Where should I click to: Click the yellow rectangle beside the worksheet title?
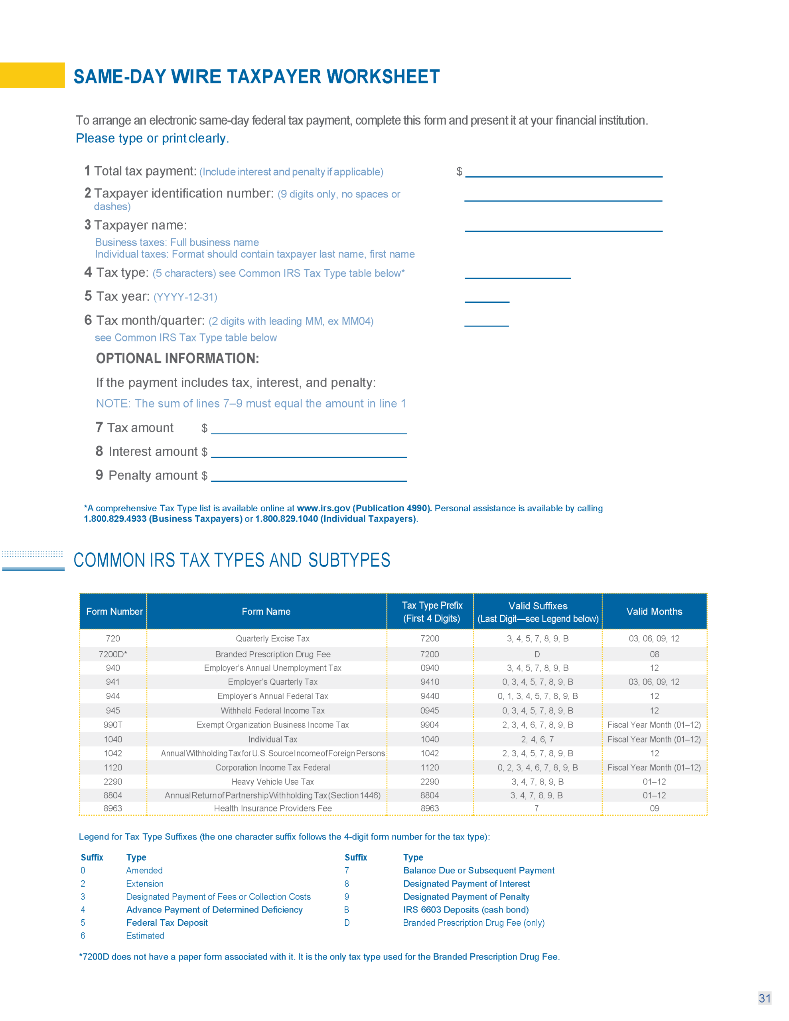pyautogui.click(x=32, y=75)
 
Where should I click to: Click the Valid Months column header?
pyautogui.click(x=654, y=611)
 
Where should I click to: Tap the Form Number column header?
pyautogui.click(x=114, y=611)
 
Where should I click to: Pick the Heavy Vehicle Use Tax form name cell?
pyautogui.click(x=273, y=782)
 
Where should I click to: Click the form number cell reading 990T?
pyautogui.click(x=113, y=725)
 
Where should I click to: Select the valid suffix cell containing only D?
pyautogui.click(x=537, y=654)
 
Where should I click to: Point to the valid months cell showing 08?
pyautogui.click(x=654, y=654)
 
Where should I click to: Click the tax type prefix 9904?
pyautogui.click(x=429, y=725)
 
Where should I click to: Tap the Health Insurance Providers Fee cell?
pyautogui.click(x=273, y=808)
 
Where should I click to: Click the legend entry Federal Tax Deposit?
pyautogui.click(x=167, y=922)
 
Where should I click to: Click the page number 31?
pyautogui.click(x=764, y=998)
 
